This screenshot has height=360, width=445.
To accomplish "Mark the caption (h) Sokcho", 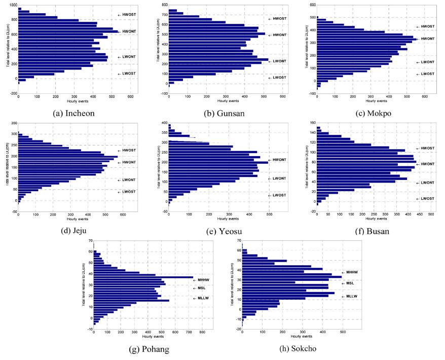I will (297, 349).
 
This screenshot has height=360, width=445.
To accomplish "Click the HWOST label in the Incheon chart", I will (129, 14).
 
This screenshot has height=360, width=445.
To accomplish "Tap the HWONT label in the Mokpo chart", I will (428, 39).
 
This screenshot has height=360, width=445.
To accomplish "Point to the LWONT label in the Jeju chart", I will (129, 180).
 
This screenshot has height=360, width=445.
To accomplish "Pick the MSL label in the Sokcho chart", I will (350, 283).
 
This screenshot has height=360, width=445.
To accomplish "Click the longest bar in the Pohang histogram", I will (143, 277).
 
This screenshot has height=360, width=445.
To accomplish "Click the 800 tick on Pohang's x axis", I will (202, 332).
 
